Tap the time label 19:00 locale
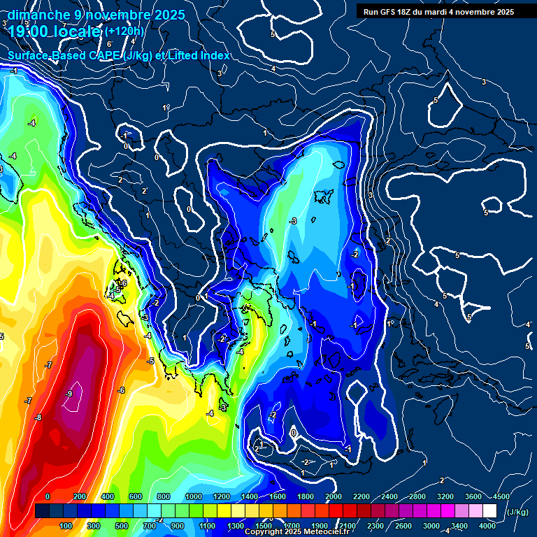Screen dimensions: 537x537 (55, 31)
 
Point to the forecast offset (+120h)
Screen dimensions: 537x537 (124, 31)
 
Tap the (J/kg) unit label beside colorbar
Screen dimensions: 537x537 (517, 513)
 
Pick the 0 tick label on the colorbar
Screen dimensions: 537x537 (48, 496)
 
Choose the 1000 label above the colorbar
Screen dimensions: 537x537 (194, 496)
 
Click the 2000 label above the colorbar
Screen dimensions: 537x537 (334, 496)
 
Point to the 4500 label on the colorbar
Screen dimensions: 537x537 (501, 496)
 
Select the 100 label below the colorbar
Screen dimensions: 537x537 (66, 526)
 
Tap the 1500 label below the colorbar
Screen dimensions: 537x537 (264, 526)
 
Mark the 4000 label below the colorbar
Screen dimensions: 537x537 (487, 526)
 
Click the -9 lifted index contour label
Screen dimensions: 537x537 (69, 394)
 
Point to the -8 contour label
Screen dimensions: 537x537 (38, 417)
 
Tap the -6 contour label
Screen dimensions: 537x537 (121, 390)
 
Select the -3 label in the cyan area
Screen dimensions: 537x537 (293, 221)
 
